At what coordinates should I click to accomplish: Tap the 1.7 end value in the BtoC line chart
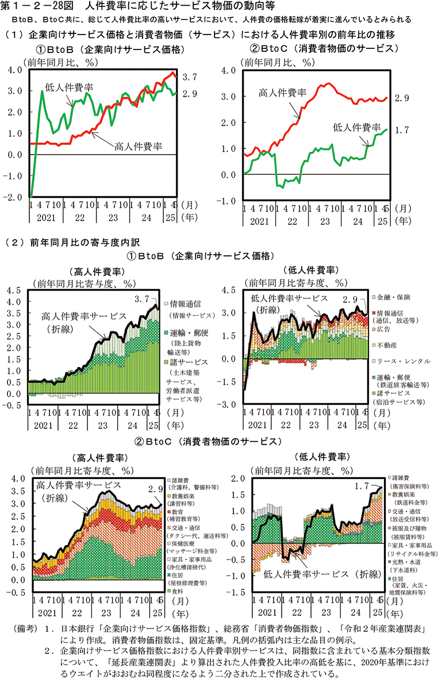pos(402,130)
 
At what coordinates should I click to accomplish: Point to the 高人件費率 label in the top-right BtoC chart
pos(282,93)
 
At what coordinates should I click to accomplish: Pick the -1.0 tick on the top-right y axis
pos(228,200)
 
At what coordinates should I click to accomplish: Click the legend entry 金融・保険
pos(396,297)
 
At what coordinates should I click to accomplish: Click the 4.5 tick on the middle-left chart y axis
pos(13,290)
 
